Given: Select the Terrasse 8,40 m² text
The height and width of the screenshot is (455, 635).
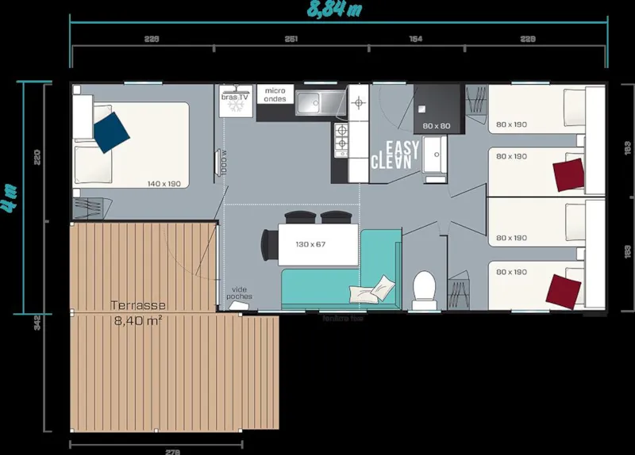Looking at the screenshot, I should pos(138,313).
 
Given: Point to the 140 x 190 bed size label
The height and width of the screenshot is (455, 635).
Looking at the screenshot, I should pos(164,184).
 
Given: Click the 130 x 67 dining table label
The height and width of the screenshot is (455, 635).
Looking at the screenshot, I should pos(310,244).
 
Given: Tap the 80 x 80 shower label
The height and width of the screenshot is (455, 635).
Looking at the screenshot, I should pos(437,126).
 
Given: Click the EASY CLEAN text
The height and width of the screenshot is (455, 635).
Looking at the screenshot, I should pos(394,155).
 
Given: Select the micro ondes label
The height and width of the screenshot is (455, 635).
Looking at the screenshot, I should pos(275,95).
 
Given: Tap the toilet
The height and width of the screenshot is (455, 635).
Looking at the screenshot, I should pos(425,290).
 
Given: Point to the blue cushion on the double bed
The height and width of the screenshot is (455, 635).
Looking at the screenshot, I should pos(110,132).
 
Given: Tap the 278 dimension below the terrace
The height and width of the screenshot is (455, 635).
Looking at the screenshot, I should pos(172,451).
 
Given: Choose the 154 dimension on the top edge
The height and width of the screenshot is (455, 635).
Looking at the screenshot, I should pos(415,38).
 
